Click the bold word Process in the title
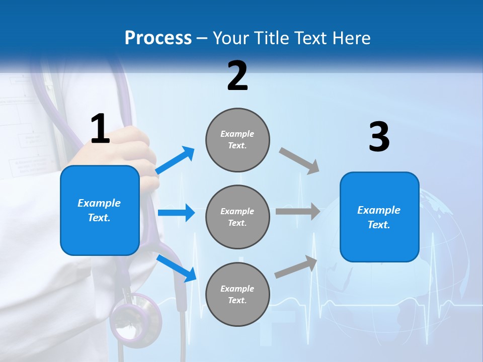[x=158, y=38]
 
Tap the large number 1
[x=100, y=129]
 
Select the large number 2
[x=237, y=76]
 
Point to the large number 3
[x=379, y=137]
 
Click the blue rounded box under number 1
[x=100, y=210]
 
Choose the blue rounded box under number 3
[x=379, y=217]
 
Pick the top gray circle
[x=237, y=140]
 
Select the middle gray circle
[x=237, y=217]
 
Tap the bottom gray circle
[x=237, y=294]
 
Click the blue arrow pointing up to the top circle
[x=175, y=160]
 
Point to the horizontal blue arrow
[x=176, y=213]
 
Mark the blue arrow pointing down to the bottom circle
[x=177, y=268]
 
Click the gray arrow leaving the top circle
[x=299, y=160]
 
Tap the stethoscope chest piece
[x=135, y=317]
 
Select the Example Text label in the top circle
[x=237, y=140]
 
